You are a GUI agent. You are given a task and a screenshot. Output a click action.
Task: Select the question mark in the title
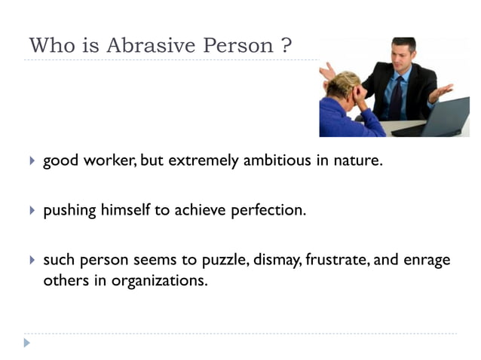286,46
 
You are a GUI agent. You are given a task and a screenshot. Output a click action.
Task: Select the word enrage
427,260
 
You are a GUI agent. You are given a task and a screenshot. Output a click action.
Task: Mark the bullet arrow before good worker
32,160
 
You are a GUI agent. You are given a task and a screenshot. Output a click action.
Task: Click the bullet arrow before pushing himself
32,210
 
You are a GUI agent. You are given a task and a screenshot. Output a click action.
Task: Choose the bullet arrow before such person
32,260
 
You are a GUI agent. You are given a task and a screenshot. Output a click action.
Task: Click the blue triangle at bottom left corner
27,343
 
